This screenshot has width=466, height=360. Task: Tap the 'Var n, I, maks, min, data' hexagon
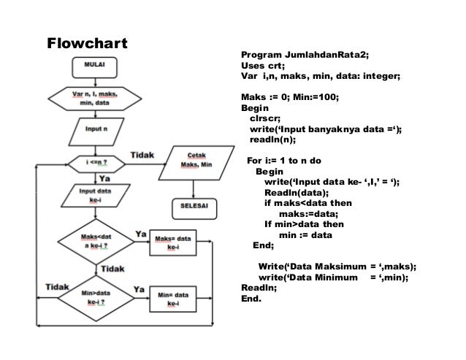pos(95,99)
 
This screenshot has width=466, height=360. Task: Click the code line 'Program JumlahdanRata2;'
pos(305,55)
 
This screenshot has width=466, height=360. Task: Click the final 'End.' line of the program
pos(251,298)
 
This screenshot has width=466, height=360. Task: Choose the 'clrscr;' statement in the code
pos(264,118)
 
